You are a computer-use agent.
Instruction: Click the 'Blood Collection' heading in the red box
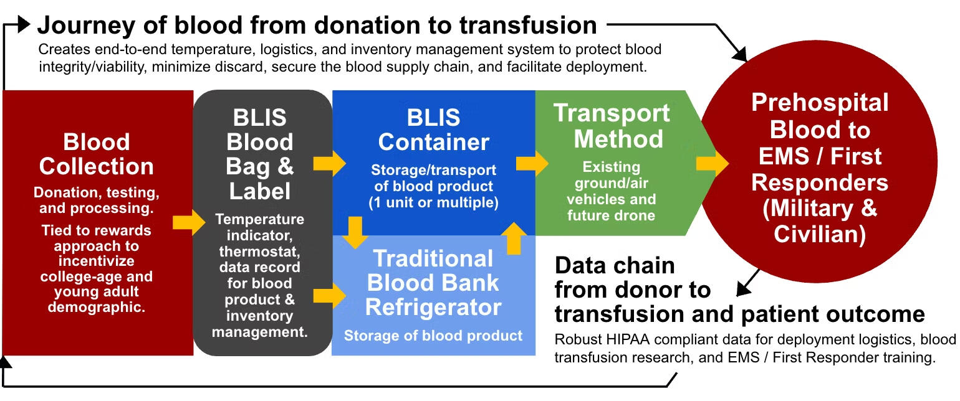(96, 154)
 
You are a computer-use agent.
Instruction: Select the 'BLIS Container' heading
(433, 130)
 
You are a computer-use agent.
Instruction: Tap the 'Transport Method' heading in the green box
(611, 126)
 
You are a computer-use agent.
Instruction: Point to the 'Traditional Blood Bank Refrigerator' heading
(433, 283)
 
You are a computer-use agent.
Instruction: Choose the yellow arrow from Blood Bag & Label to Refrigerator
(329, 296)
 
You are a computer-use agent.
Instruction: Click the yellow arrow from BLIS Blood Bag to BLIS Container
(329, 164)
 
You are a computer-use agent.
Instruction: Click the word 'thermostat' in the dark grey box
(259, 252)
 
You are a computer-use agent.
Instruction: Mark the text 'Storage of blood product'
(433, 336)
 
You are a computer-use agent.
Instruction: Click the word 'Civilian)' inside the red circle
(820, 234)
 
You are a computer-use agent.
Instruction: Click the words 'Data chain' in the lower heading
(615, 265)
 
